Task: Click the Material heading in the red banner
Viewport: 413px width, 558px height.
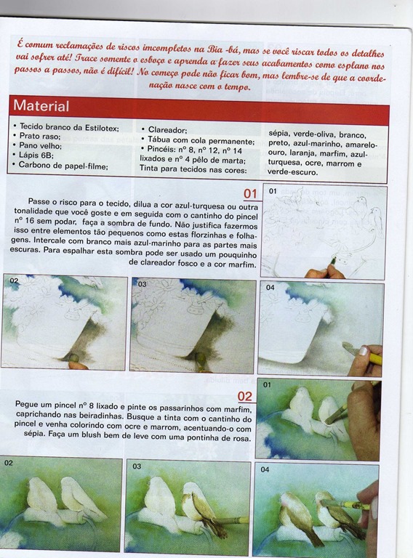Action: (x=41, y=106)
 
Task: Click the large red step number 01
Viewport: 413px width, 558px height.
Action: (x=250, y=194)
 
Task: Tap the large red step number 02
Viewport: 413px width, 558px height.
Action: (x=245, y=397)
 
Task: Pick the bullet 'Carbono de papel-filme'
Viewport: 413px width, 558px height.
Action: (x=63, y=166)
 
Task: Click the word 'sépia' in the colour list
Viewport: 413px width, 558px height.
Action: (x=278, y=134)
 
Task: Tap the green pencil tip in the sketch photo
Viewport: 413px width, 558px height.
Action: (x=334, y=261)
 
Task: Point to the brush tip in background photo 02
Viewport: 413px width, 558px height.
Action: (x=73, y=357)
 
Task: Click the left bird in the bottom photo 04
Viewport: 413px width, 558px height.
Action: (x=298, y=512)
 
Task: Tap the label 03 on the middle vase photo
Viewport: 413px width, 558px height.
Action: (x=142, y=284)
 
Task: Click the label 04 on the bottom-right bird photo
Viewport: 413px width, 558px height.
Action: (x=265, y=469)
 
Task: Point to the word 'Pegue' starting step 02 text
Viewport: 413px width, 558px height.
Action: (x=25, y=405)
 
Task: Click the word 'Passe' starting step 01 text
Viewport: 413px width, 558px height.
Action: (x=39, y=202)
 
